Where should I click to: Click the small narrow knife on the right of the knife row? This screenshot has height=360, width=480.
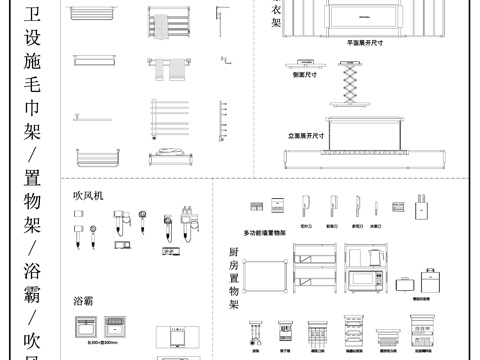pos(373,207)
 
